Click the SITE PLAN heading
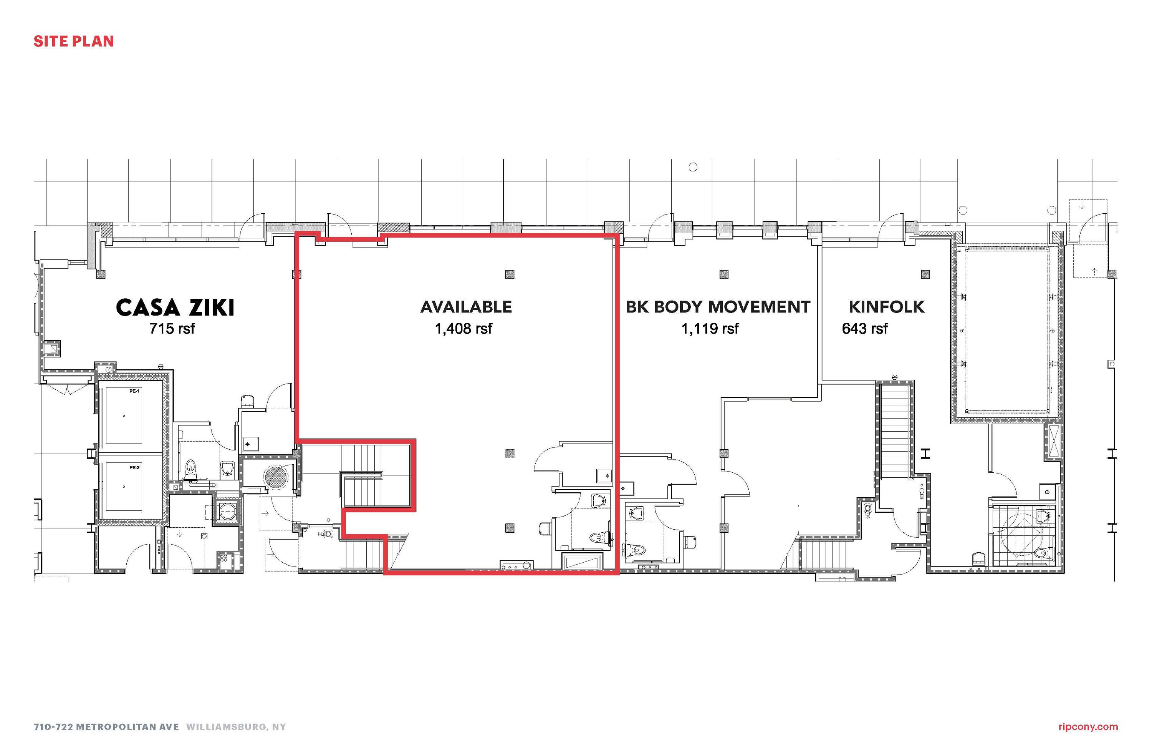point(74,42)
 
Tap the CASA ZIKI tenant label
point(175,307)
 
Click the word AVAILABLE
point(466,307)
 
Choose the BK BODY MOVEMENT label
point(718,307)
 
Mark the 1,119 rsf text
point(710,329)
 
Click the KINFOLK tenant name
point(886,307)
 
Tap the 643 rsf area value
point(865,329)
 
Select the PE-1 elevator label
point(134,391)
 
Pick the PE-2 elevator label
point(134,467)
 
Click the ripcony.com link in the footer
point(1088,727)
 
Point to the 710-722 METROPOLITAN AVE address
point(106,727)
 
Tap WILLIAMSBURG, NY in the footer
point(236,727)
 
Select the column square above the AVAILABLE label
point(510,274)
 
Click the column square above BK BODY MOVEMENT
point(724,274)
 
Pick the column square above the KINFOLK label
point(925,274)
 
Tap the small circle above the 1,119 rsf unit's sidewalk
point(693,167)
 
